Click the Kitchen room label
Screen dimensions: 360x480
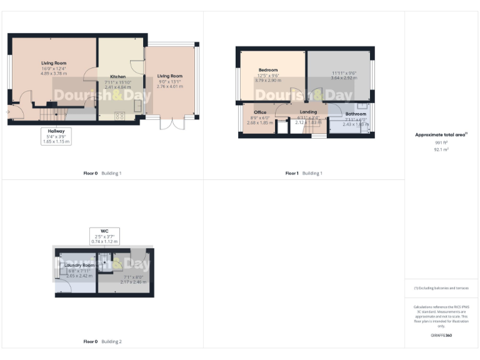click(117, 77)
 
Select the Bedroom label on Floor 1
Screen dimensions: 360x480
click(268, 70)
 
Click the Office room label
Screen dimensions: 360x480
click(260, 112)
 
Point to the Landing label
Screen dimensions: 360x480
click(308, 112)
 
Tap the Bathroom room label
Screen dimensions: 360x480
click(356, 114)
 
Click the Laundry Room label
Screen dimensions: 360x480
click(79, 265)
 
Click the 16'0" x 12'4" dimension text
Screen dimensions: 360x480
click(54, 69)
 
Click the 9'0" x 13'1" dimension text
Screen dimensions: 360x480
click(170, 81)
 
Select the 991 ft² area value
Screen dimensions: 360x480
click(441, 143)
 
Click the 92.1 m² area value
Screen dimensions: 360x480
click(441, 149)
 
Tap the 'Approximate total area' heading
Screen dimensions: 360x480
click(440, 134)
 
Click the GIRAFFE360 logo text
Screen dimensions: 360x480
click(441, 336)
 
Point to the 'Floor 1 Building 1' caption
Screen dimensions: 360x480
click(304, 173)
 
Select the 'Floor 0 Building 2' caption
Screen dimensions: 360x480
click(102, 342)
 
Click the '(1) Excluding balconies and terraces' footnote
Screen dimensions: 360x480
click(441, 287)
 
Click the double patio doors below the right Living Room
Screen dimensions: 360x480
click(168, 122)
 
